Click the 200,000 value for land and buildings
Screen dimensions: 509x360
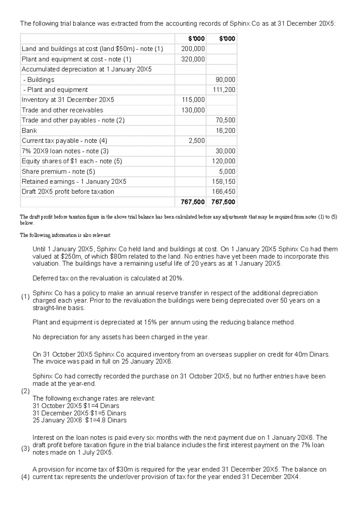(x=193, y=49)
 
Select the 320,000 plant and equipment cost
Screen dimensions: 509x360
(x=193, y=59)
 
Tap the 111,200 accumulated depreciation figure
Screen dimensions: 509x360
(x=224, y=90)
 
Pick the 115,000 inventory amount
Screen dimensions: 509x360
(x=193, y=100)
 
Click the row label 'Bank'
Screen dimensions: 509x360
(x=29, y=131)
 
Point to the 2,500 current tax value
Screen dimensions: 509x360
(x=197, y=141)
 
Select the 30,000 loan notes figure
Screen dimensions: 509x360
(x=226, y=151)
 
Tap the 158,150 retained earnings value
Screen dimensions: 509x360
(x=224, y=182)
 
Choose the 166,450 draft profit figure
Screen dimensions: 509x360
(x=224, y=192)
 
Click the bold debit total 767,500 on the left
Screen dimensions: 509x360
(x=193, y=202)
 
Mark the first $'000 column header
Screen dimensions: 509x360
(x=196, y=39)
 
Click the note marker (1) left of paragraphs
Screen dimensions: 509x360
(x=25, y=297)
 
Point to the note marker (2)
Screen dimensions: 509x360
(x=25, y=391)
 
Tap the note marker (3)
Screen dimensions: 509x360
(x=25, y=449)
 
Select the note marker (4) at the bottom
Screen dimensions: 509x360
(x=25, y=477)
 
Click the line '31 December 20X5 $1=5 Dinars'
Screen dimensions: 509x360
(x=79, y=413)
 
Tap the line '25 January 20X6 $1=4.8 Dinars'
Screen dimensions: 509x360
(x=79, y=420)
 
